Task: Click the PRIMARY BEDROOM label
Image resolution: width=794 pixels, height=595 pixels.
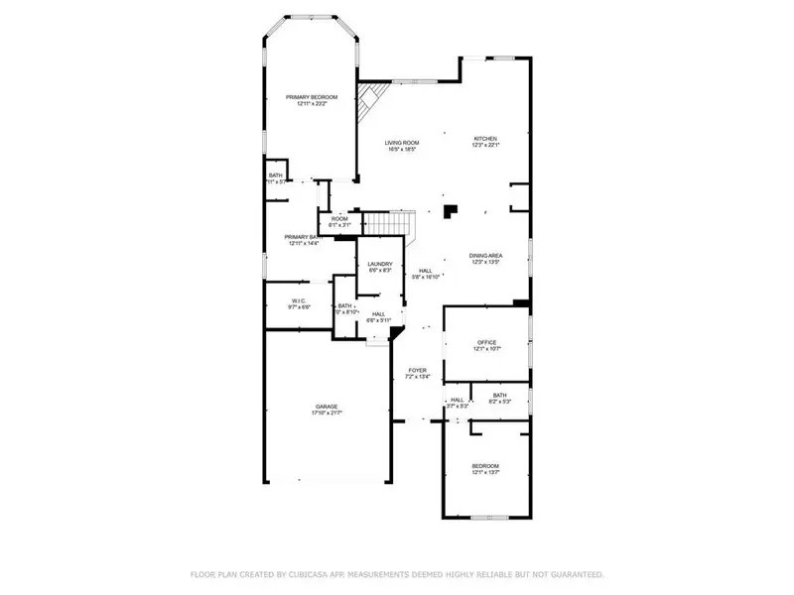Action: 312,97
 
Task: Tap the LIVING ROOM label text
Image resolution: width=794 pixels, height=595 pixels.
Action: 402,143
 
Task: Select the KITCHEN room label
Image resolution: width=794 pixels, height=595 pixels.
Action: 484,139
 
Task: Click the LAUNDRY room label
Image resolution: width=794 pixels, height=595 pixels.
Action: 380,263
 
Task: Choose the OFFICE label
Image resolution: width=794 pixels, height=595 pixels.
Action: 485,342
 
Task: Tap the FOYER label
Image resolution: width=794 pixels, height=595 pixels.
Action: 417,370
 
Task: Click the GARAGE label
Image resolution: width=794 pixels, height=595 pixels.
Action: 327,406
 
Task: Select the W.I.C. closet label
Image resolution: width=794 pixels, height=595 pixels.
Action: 299,300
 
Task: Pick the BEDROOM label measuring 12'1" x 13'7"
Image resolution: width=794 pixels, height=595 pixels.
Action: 485,465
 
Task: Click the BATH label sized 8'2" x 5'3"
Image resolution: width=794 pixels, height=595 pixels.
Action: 499,395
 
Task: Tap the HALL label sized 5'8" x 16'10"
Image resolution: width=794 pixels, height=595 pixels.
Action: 425,270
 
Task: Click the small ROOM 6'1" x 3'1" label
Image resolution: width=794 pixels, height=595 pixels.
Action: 339,218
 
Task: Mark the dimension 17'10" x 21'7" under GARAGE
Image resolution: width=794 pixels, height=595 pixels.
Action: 327,413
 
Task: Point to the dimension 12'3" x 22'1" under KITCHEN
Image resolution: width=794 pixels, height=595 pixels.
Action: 484,146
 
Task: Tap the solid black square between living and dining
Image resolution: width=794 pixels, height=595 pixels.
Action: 451,210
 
